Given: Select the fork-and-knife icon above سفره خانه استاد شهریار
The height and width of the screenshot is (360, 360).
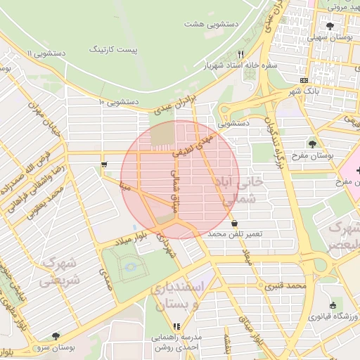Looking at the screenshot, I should pos(240,53).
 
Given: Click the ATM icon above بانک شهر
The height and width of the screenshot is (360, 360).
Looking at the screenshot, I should pos(303,80).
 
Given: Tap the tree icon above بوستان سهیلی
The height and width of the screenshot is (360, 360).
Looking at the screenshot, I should pos(330,26).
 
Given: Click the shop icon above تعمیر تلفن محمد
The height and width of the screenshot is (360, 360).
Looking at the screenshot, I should pos(234,223).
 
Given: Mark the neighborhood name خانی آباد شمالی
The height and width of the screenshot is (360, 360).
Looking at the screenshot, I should pos(242,191).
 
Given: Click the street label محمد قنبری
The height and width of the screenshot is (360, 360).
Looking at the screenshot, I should pos(288,286).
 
